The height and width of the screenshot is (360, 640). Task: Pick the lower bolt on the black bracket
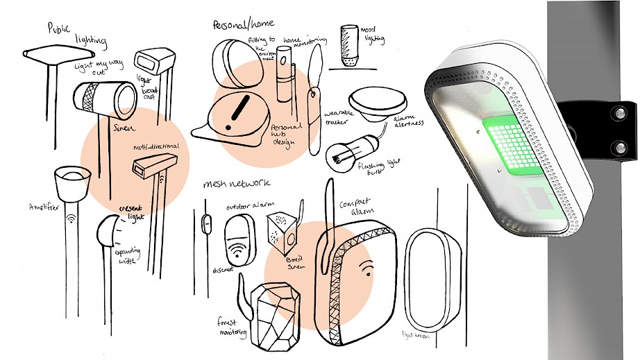pyautogui.click(x=616, y=146)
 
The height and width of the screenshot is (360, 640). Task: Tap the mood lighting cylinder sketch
pyautogui.click(x=349, y=46)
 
